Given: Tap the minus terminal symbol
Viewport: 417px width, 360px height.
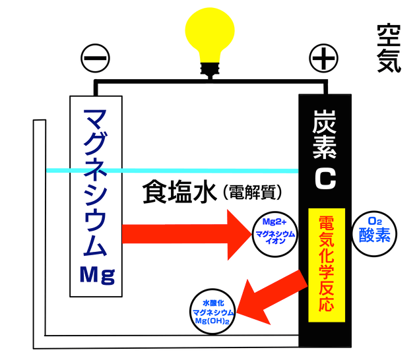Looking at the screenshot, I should click(95, 59).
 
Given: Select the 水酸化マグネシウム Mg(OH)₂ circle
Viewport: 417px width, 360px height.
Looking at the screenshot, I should click(212, 309).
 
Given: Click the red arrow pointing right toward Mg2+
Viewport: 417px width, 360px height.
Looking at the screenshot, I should click(185, 233).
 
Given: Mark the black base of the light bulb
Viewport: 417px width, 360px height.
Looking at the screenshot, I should click(211, 71).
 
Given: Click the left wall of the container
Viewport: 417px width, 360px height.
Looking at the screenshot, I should click(39, 231).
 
